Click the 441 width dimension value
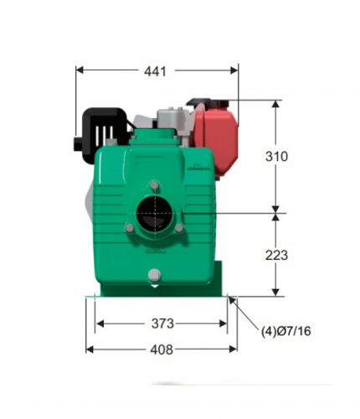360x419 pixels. pyautogui.click(x=155, y=71)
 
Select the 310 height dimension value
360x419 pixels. pyautogui.click(x=276, y=157)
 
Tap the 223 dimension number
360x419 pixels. pyautogui.click(x=276, y=256)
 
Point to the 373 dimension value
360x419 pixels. pyautogui.click(x=162, y=323)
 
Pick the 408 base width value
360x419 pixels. pyautogui.click(x=162, y=349)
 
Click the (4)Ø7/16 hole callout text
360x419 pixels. pyautogui.click(x=285, y=331)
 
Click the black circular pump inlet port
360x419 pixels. pyautogui.click(x=155, y=214)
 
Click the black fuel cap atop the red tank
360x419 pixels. pyautogui.click(x=208, y=103)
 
